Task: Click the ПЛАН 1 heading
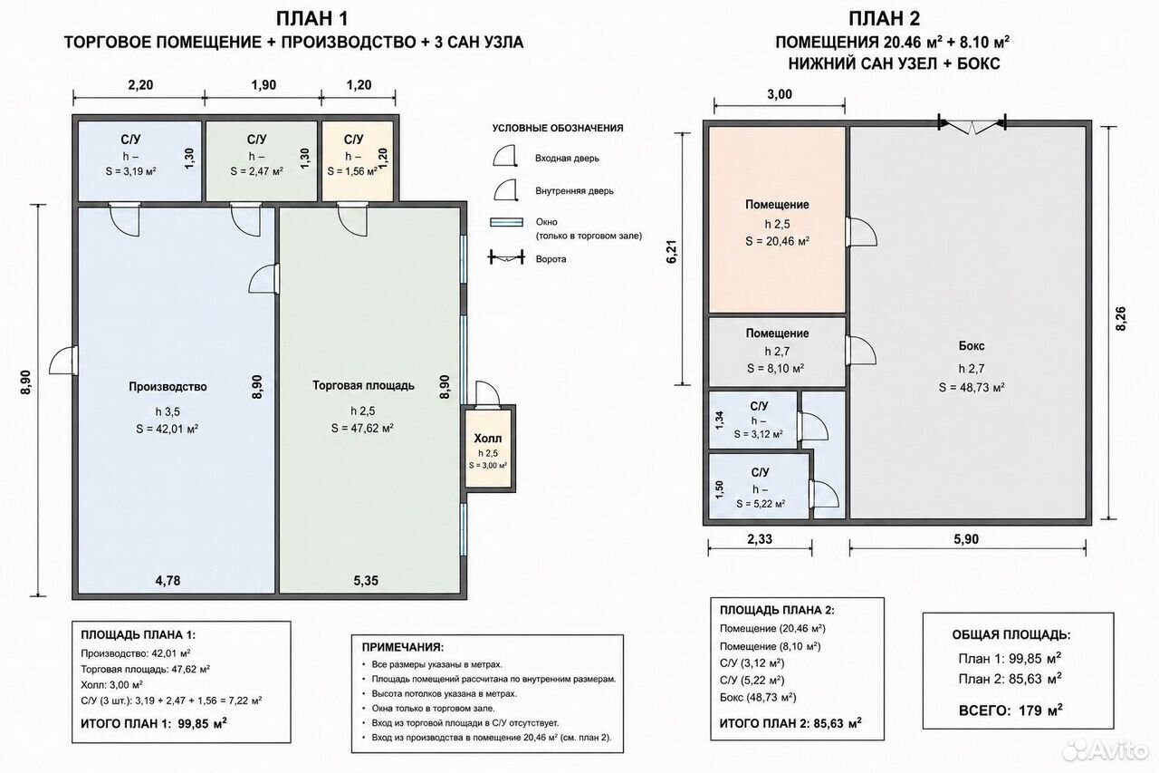[x=312, y=19]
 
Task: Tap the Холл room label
[x=488, y=439]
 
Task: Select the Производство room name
[x=168, y=387]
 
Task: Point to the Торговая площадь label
[x=363, y=386]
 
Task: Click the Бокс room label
[x=972, y=346]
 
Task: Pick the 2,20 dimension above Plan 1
[x=140, y=85]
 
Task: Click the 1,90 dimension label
[x=263, y=85]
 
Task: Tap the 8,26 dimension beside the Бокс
[x=1121, y=319]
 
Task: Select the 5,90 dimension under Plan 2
[x=966, y=539]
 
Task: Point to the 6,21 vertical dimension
[x=671, y=252]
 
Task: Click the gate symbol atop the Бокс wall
[x=972, y=125]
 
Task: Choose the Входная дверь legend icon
[x=505, y=156]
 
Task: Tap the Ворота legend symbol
[x=506, y=257]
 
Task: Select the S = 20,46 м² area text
[x=777, y=241]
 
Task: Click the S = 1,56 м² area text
[x=352, y=171]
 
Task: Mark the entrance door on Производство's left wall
[x=63, y=360]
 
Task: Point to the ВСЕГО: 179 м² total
[x=1011, y=710]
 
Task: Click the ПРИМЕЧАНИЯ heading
[x=403, y=647]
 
